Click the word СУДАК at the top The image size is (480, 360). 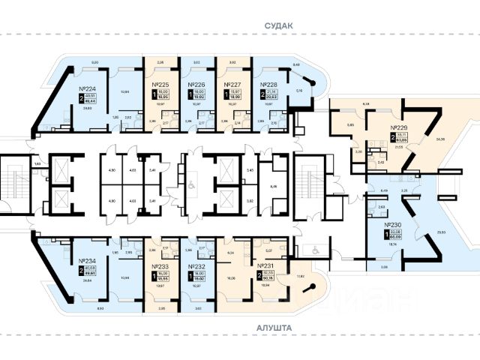pyautogui.click(x=277, y=25)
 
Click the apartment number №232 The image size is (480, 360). pyautogui.click(x=197, y=267)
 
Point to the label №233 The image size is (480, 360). pyautogui.click(x=162, y=267)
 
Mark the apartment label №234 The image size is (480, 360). pyautogui.click(x=91, y=262)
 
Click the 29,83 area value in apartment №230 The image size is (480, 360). pyautogui.click(x=441, y=232)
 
